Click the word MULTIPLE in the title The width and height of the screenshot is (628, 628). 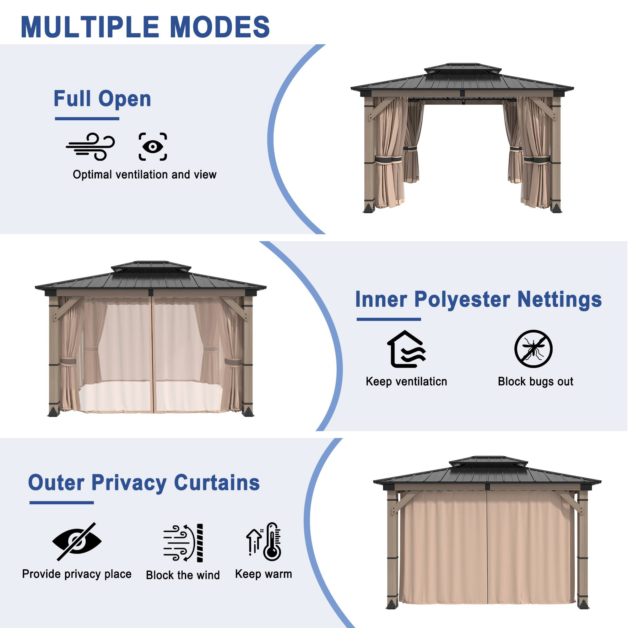coord(90,27)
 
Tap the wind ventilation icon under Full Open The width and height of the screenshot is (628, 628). coord(90,146)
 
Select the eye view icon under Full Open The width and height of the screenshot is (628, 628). coord(153,147)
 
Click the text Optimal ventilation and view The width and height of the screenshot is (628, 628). coord(145,175)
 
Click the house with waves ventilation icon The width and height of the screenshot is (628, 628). coord(406,349)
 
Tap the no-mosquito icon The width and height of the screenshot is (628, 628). coord(533,349)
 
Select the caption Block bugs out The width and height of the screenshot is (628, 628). coord(535,381)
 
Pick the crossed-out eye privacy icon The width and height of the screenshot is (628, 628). coord(77,542)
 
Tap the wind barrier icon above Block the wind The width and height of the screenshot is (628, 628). coord(183,543)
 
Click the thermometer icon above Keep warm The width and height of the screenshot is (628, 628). coord(264,542)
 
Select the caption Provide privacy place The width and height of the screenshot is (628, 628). coord(77,574)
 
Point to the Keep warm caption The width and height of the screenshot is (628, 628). coord(264,574)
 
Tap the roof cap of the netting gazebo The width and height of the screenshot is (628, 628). coord(151,266)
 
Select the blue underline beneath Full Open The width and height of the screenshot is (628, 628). coord(87,119)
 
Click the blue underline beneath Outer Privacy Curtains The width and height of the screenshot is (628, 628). coord(62,502)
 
